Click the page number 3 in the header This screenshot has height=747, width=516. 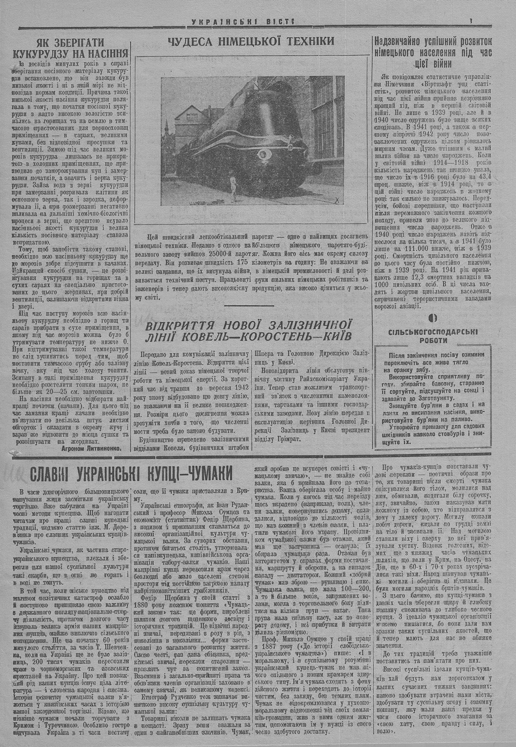point(471,21)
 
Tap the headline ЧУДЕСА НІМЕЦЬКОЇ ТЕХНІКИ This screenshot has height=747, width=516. point(251,42)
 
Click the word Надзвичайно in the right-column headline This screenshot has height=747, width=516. point(403,41)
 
